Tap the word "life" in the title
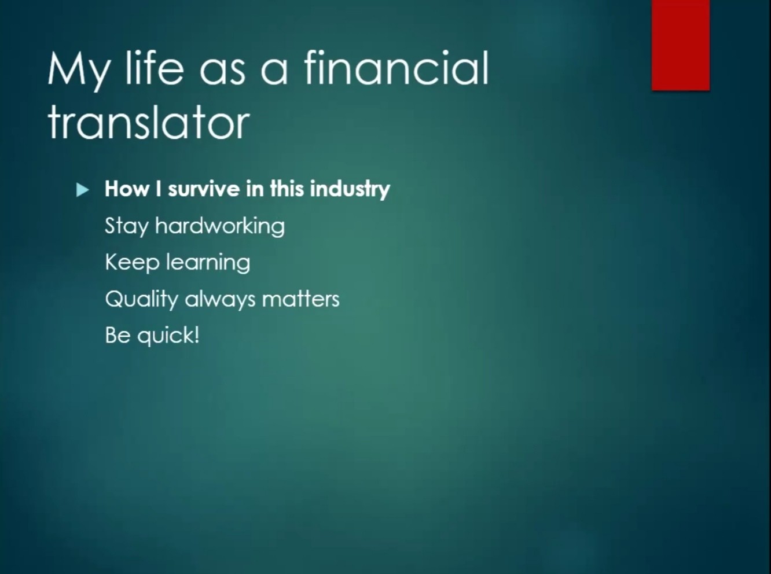(154, 67)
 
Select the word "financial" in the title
(396, 67)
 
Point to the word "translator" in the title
(148, 122)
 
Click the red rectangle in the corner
(680, 45)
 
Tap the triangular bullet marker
(83, 190)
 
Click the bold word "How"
(127, 189)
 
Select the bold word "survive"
(204, 189)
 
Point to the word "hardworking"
(220, 226)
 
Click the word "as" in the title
(222, 73)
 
